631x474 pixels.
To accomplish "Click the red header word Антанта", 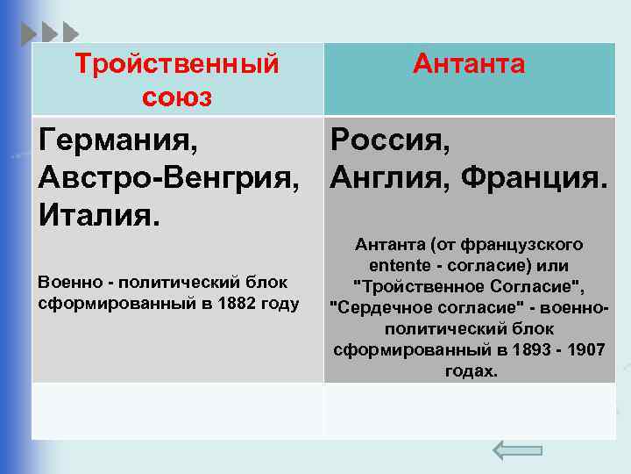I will pos(469,64).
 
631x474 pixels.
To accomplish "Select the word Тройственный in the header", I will pos(177,64).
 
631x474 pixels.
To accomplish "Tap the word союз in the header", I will pos(177,97).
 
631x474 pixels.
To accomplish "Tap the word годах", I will pos(470,371).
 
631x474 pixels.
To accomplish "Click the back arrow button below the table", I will pos(517,449).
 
